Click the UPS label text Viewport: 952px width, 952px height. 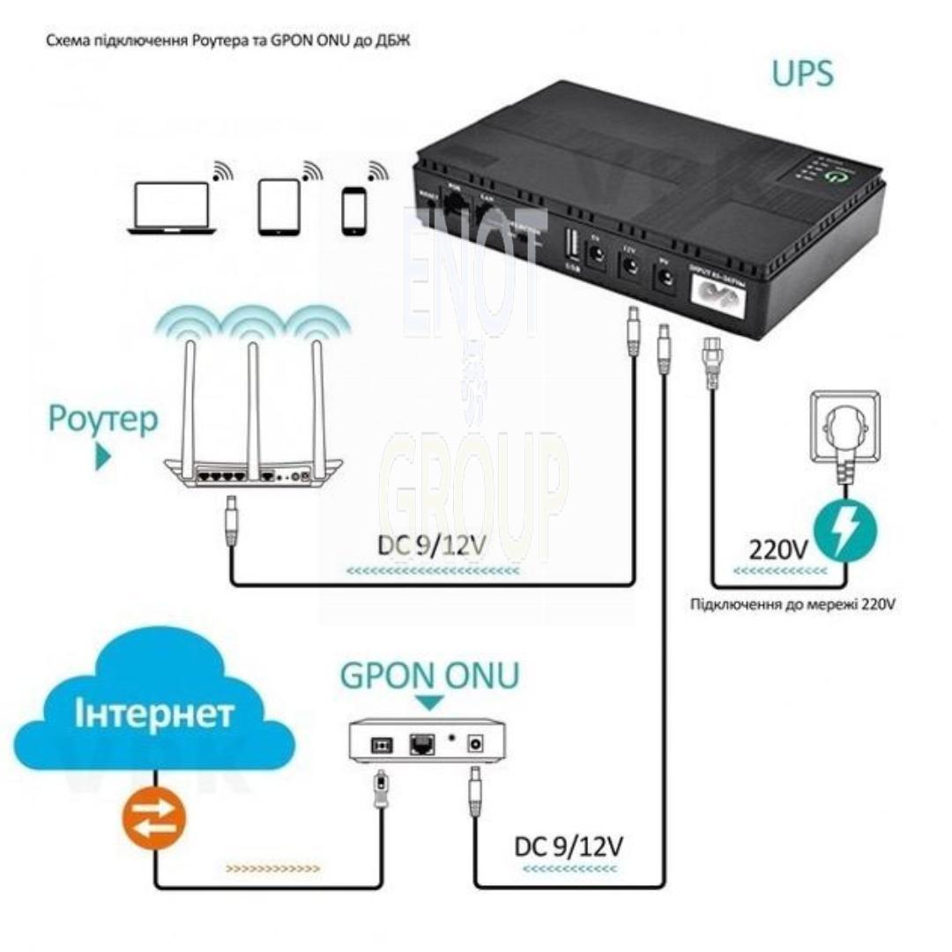801,73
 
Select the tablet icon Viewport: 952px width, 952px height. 279,208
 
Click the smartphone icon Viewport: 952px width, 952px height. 353,209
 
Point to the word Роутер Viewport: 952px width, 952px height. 103,419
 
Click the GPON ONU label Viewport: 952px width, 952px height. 429,676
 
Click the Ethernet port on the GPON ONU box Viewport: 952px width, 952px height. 420,744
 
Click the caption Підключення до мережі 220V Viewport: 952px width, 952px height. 792,605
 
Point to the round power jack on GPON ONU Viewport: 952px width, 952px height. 479,743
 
